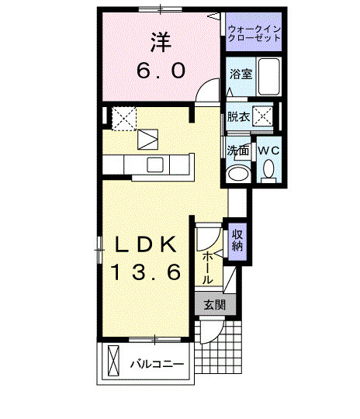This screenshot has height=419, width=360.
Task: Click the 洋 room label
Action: (161, 42)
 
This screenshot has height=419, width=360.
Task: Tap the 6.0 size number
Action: (161, 71)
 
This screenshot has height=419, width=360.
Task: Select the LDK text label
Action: (146, 244)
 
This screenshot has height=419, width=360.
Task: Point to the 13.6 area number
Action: (146, 272)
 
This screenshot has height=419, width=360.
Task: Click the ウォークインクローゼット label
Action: (254, 33)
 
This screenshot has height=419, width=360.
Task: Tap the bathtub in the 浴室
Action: (269, 76)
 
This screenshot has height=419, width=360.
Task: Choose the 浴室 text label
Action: (241, 74)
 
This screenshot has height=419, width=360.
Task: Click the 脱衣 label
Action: (238, 116)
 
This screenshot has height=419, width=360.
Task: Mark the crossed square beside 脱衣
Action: (263, 116)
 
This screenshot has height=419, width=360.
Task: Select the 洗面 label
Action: (237, 151)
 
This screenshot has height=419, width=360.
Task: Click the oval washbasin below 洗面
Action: (238, 174)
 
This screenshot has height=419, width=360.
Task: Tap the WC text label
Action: (268, 151)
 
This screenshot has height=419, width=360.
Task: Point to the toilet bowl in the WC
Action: (268, 169)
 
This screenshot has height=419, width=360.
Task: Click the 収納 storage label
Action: (237, 241)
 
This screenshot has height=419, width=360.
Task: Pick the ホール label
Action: (207, 268)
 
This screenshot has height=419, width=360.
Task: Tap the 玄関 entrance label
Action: (215, 305)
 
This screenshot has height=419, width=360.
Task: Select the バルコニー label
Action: (157, 364)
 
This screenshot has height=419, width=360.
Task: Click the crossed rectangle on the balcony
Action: (113, 361)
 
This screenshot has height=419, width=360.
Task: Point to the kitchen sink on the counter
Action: (154, 164)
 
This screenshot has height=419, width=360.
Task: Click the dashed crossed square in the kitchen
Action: (124, 119)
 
